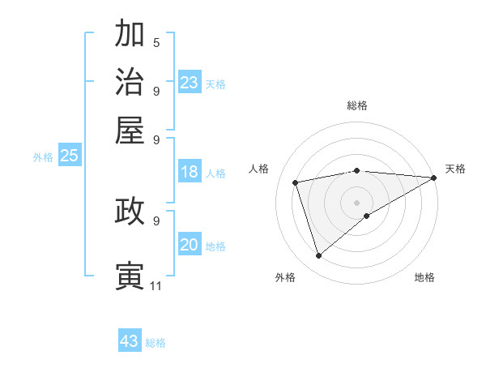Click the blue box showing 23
190,83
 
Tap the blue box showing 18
190,172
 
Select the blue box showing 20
190,246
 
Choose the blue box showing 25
69,156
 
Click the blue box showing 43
130,341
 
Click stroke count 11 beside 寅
156,285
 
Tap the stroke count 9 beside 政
156,220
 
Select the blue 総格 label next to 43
156,343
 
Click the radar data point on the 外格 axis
318,256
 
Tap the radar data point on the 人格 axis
296,182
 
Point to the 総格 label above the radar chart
357,105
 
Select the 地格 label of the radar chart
424,277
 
